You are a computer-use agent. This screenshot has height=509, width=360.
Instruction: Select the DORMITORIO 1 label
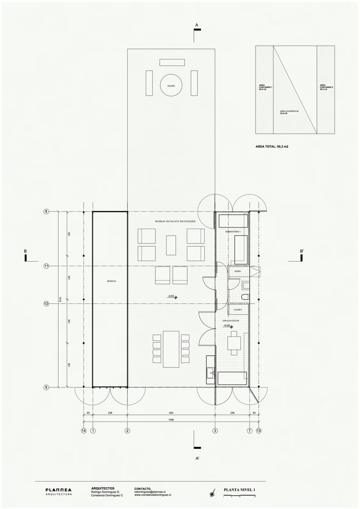coord(234,232)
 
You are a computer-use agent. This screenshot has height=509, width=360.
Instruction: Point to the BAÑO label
coord(238,272)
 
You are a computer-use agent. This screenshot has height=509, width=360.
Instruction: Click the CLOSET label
coord(237,309)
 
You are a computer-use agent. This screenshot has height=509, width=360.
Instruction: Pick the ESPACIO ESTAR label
coord(234,320)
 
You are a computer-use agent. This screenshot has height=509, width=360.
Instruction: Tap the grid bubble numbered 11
coord(46,266)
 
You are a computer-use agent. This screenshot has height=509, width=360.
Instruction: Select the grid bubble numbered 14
coord(84,431)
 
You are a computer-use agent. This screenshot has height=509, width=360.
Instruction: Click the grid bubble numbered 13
coord(259,431)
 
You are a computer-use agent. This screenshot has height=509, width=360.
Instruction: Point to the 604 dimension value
coord(171,413)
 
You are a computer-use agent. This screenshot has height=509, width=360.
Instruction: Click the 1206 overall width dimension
coord(171,420)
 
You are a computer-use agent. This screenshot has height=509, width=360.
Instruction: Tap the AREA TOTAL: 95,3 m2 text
coord(275,146)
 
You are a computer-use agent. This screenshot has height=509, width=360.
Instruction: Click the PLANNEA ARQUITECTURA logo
coord(59,491)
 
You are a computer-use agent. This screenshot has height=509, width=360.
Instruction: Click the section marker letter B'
coord(302,251)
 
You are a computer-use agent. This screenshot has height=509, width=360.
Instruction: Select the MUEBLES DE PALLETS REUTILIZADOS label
coord(176,222)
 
